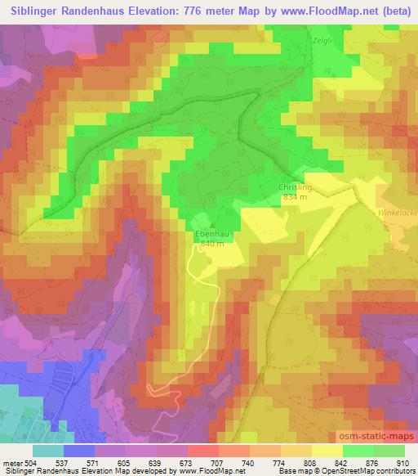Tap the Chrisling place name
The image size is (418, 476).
click(296, 186)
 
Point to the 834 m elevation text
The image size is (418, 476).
click(295, 197)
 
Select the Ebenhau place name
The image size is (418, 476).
click(211, 233)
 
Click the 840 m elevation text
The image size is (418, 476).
click(211, 244)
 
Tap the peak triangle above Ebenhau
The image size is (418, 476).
click(211, 225)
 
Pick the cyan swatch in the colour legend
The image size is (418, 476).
click(48, 451)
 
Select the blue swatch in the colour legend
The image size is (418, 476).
click(79, 451)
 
